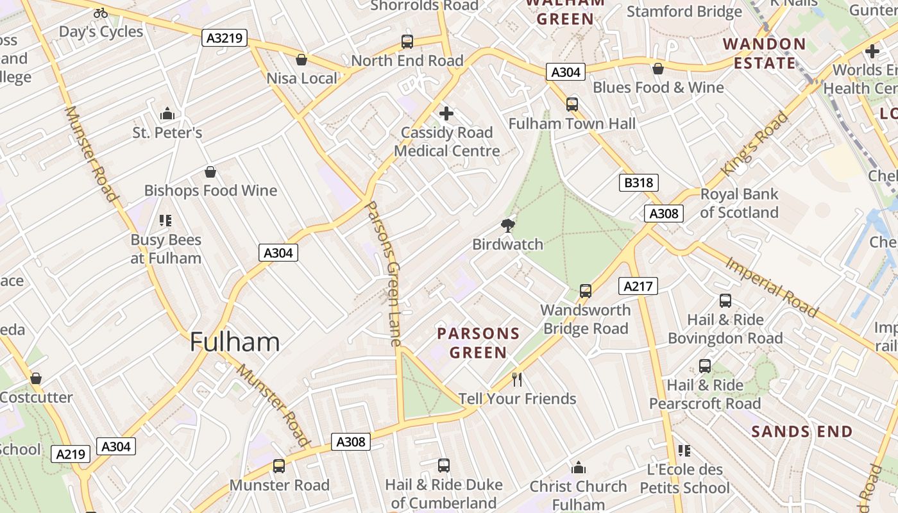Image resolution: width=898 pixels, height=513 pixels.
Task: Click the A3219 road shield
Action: pos(224,38)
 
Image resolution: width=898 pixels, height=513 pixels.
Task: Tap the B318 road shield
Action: pos(639,183)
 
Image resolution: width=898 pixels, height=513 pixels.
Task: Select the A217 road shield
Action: pos(638,286)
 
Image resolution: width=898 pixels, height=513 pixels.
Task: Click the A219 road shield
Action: pos(71,454)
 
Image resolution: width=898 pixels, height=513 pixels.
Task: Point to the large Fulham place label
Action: pos(235,342)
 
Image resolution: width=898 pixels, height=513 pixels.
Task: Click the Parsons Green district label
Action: pos(478,343)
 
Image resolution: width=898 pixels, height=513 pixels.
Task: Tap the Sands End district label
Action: pos(802,432)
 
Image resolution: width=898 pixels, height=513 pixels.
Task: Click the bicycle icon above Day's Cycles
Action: pos(101,12)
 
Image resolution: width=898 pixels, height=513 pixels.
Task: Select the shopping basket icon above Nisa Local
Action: pos(301,60)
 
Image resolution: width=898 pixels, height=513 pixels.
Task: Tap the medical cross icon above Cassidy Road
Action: pos(446,114)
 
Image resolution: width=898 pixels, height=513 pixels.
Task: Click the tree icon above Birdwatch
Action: pos(507,225)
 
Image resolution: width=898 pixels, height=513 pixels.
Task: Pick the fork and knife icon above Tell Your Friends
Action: pos(518,380)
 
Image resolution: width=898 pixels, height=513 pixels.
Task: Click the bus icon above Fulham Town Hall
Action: pos(572,104)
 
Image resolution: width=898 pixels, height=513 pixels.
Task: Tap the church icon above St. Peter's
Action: pos(167,114)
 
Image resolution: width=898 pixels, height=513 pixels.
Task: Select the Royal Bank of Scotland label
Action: pos(739,203)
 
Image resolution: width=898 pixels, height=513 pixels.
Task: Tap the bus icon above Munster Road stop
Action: pos(279,466)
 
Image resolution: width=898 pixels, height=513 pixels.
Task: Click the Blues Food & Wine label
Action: pos(658,87)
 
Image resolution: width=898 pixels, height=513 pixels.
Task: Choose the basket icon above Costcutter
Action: pos(36,378)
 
